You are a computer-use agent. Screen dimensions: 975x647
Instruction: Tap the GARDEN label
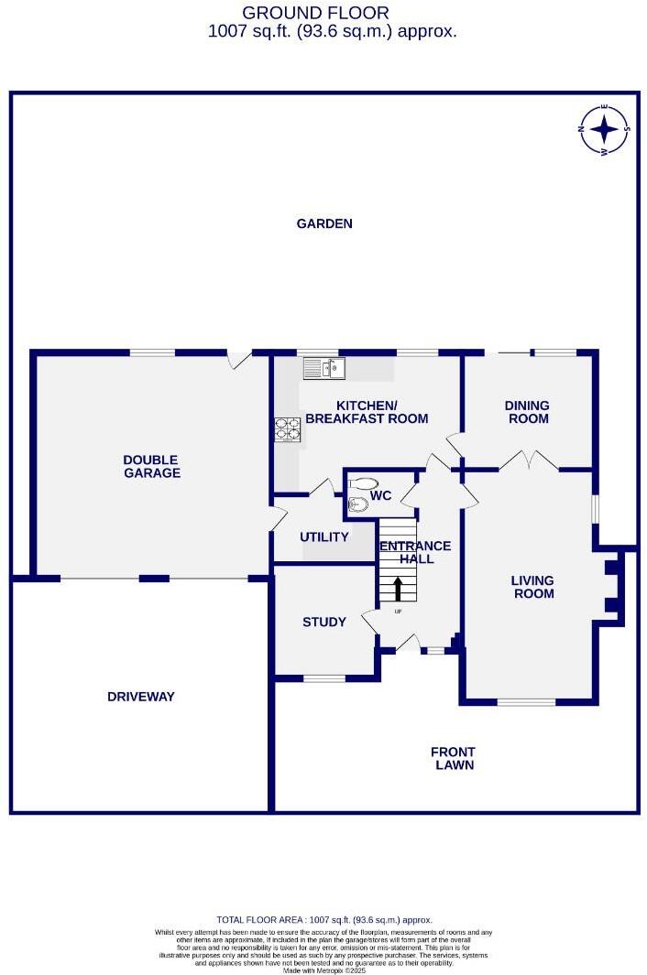click(324, 223)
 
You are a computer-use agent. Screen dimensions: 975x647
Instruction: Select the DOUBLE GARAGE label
click(152, 466)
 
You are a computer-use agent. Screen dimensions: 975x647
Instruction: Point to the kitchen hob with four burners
click(288, 430)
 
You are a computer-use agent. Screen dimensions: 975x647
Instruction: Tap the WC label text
click(381, 496)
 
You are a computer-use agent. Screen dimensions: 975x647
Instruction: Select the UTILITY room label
click(324, 536)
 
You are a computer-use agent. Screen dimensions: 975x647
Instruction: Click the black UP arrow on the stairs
click(399, 589)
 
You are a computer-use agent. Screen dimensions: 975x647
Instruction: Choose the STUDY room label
click(324, 622)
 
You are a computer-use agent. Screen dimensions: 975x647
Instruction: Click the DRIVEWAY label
click(140, 696)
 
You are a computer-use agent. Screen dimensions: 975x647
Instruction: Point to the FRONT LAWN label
click(454, 758)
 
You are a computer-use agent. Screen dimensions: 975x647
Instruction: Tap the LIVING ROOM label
click(533, 586)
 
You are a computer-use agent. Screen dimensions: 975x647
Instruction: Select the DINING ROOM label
click(528, 412)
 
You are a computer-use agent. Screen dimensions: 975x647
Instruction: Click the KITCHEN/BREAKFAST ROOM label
click(367, 412)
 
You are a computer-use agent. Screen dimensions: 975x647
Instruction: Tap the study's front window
click(324, 678)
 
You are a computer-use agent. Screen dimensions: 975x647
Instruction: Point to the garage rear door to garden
click(239, 359)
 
